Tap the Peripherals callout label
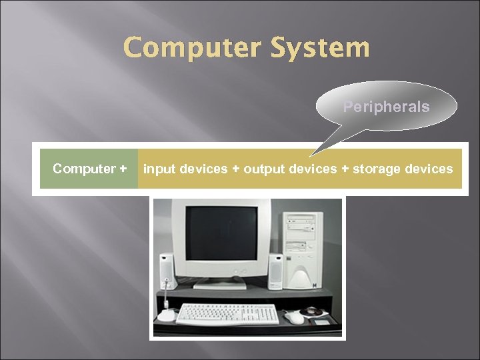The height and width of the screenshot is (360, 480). (386, 107)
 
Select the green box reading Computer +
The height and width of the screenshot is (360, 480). (89, 169)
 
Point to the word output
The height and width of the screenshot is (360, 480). (262, 169)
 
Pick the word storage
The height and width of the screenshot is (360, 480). (377, 169)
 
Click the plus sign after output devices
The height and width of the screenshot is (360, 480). (345, 169)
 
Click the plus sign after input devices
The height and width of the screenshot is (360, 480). (236, 169)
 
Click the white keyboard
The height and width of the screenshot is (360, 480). (227, 313)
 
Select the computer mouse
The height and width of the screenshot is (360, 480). (294, 317)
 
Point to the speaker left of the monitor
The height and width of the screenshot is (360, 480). (166, 271)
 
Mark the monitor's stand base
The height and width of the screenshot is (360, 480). (220, 285)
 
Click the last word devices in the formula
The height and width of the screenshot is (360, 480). (428, 169)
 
